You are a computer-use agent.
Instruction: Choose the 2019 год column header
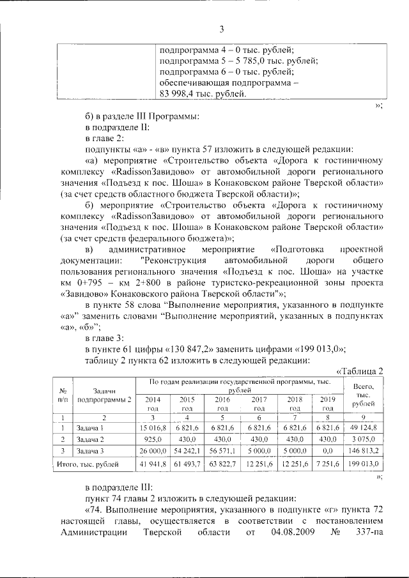(328, 403)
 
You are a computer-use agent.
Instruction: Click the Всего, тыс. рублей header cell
(363, 395)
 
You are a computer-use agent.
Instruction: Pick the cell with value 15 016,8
(153, 427)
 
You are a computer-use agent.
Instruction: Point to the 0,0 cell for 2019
(328, 452)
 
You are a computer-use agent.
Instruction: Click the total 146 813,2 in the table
(363, 452)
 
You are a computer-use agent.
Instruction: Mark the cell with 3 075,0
(364, 439)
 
